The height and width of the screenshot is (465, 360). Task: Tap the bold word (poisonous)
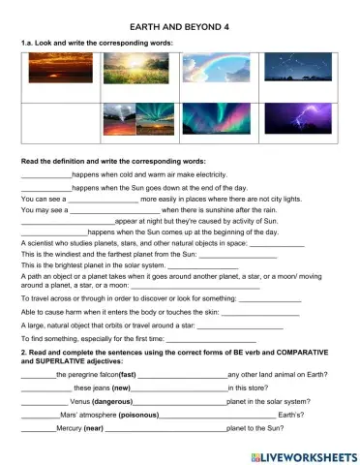[127, 415]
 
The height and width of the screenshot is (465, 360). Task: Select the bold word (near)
[93, 428]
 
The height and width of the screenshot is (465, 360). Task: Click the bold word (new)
[107, 387]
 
